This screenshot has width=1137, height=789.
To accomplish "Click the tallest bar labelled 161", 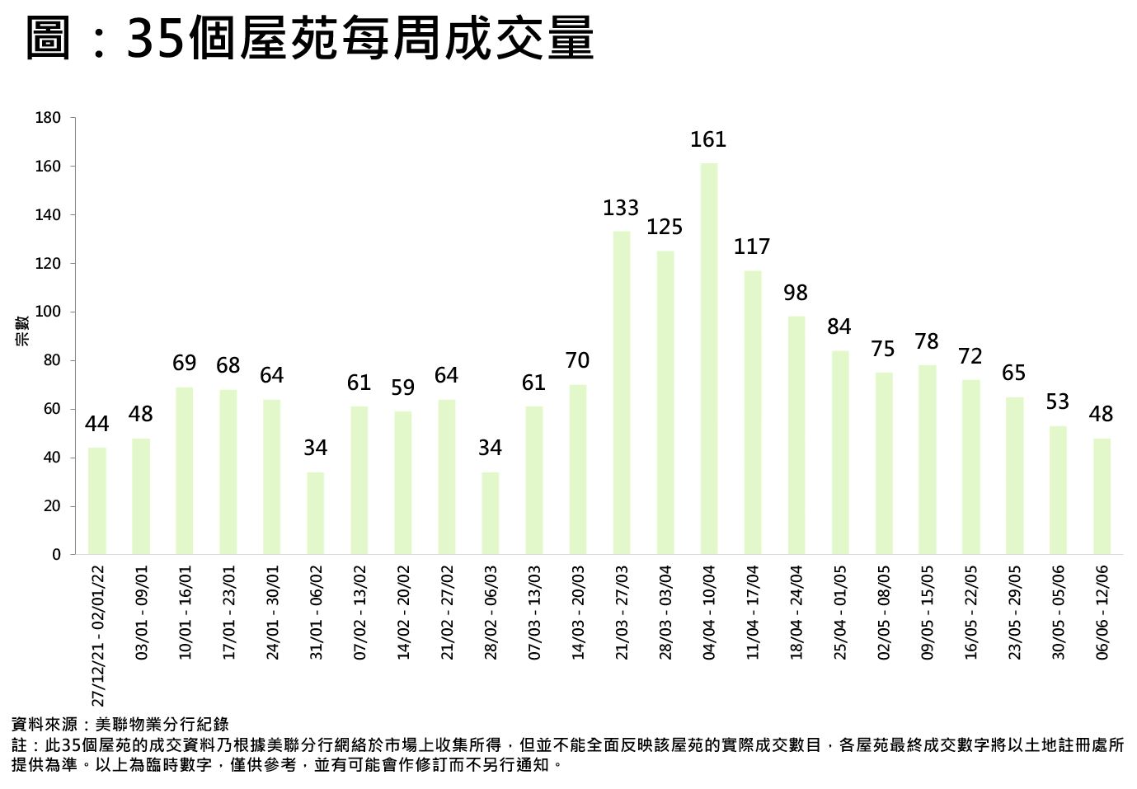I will point(709,358).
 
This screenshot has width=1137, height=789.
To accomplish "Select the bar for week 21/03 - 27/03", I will point(622,392).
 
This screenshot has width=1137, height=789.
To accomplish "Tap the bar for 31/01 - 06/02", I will point(316,513).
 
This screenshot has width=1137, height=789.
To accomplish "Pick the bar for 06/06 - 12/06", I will point(1102,495).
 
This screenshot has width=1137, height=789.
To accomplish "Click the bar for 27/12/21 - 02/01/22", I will point(97,500).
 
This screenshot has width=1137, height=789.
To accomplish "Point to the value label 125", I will point(665,227).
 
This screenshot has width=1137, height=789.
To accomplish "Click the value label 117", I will point(752,247).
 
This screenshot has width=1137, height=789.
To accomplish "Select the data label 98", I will point(796,293).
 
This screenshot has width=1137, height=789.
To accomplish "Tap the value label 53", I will point(1058,402).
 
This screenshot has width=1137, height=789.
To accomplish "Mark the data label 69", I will point(185,363).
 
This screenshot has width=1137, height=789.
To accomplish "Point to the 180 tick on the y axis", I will point(49,118).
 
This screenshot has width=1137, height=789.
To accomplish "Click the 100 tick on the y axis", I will point(49,312).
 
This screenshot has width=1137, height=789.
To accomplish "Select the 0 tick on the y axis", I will point(56,555).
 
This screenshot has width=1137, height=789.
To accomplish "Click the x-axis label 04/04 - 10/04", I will point(709,612).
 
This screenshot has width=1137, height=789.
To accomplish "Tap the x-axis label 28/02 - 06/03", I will point(491,612).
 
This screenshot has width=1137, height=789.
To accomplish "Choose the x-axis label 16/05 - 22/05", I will point(971,612).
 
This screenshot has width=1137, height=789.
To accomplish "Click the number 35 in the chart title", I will point(155,39).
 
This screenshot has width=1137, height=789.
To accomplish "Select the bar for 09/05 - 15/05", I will point(928,459).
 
